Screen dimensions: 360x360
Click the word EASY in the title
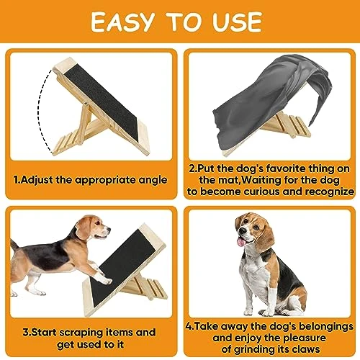click(x=122, y=22)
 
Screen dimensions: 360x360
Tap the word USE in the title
click(x=237, y=22)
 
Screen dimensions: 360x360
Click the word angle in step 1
click(x=153, y=180)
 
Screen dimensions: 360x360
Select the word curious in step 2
click(x=261, y=192)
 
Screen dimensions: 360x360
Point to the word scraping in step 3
click(x=81, y=333)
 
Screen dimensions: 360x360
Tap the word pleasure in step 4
click(x=304, y=338)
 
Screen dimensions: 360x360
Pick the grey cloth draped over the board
click(x=269, y=99)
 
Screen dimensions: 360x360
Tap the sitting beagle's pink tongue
click(x=240, y=242)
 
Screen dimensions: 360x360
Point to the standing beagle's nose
click(x=109, y=229)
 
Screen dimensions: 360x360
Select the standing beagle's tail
click(x=14, y=246)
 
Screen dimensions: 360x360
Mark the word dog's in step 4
click(x=282, y=326)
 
